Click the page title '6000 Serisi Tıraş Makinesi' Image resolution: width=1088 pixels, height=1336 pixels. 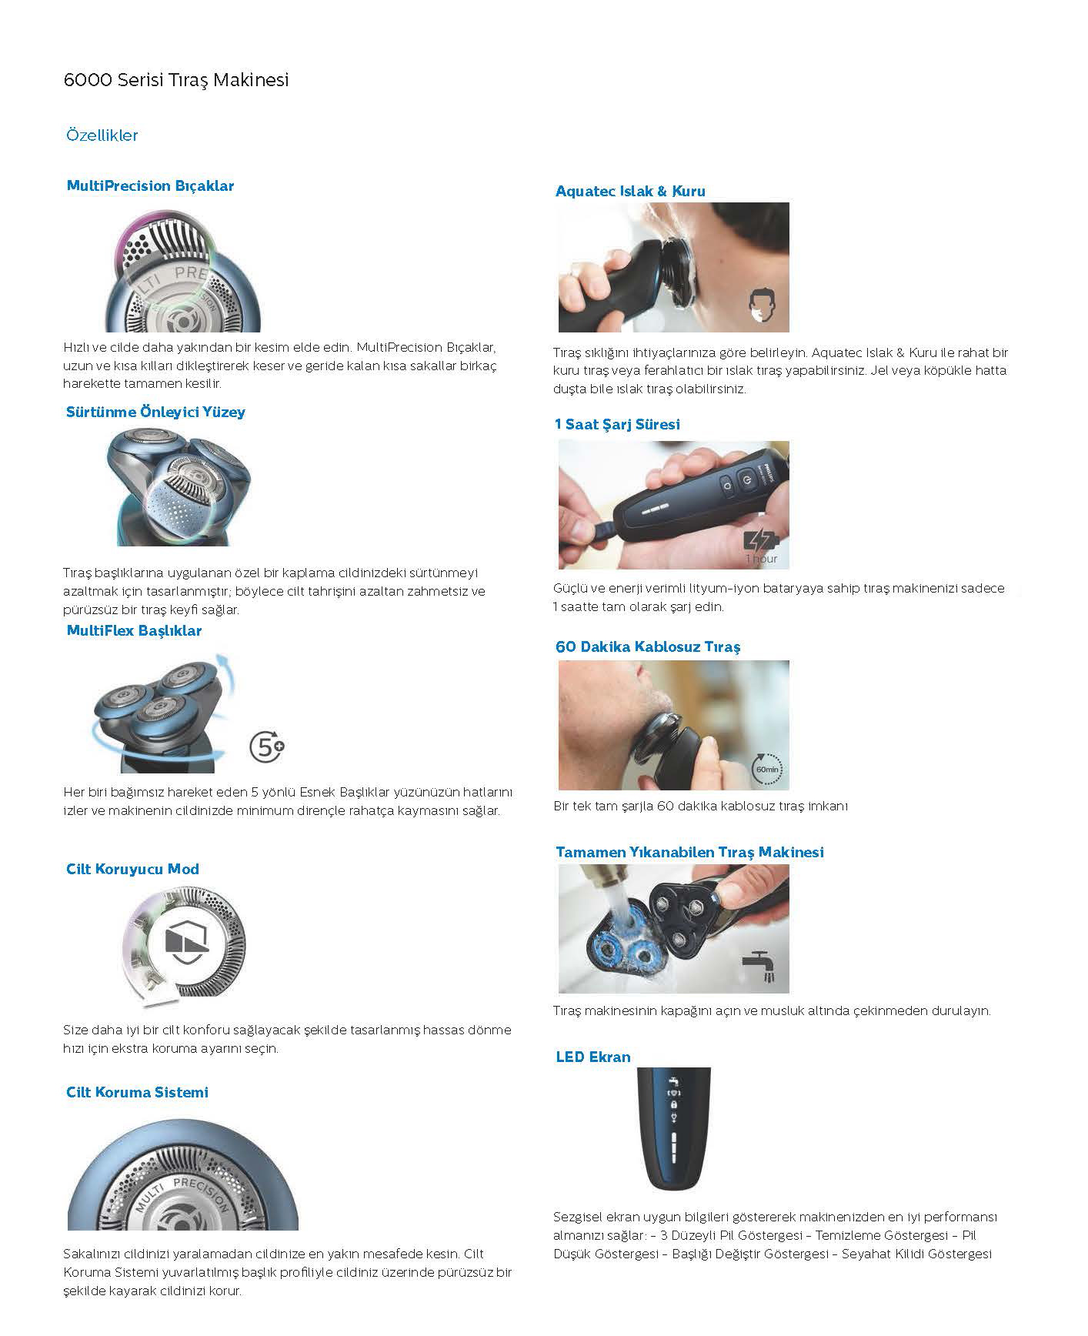tap(176, 80)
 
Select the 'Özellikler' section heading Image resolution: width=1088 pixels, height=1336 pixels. tap(102, 135)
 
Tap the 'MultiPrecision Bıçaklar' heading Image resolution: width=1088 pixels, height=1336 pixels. tap(150, 185)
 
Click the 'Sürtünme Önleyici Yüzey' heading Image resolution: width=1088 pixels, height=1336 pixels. tap(155, 412)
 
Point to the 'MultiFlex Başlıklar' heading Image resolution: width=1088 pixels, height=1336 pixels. tap(134, 631)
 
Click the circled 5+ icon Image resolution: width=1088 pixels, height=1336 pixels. tap(268, 747)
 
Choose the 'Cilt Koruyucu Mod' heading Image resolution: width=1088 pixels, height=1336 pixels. tap(132, 870)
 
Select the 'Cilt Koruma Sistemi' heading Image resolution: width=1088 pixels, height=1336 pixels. tap(137, 1093)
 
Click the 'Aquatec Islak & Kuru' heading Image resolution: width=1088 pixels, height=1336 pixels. tap(630, 191)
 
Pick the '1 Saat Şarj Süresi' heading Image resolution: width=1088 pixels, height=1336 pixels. tap(617, 424)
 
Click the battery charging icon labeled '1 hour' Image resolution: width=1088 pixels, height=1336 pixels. tap(761, 546)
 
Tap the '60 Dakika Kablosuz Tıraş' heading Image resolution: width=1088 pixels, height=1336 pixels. tap(648, 646)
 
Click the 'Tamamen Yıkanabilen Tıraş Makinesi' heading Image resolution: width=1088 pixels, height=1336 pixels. tap(689, 852)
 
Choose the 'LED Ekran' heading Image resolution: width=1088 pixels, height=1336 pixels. tap(593, 1057)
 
